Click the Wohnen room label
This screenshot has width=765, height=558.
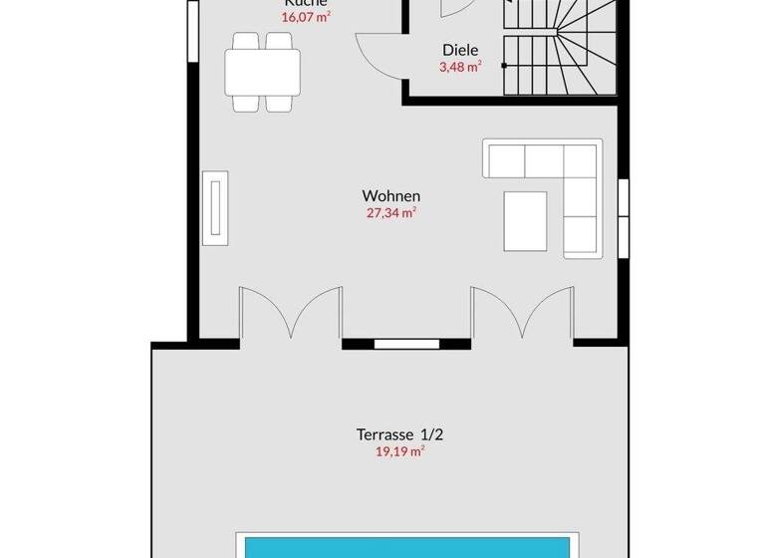(391, 196)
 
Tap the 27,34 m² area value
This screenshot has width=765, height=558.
(391, 213)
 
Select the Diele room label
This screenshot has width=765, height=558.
(460, 50)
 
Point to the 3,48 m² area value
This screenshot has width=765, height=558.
(460, 67)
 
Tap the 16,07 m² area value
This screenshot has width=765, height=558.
(306, 17)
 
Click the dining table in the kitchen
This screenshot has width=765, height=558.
(263, 71)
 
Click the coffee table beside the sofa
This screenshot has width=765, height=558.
(525, 220)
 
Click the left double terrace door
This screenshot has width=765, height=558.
(290, 314)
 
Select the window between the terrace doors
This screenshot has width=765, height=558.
(406, 344)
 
